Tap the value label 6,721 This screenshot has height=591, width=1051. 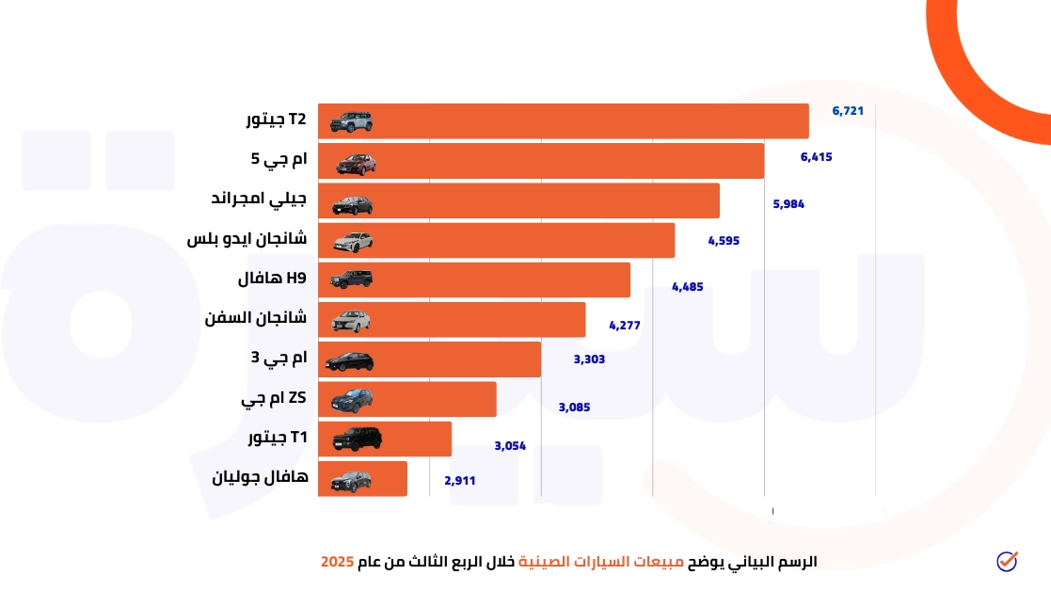(x=848, y=111)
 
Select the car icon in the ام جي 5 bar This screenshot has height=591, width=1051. (x=356, y=163)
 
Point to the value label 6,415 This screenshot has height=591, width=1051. (x=816, y=157)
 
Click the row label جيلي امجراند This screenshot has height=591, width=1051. (x=260, y=200)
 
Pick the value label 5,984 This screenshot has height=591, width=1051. (x=788, y=204)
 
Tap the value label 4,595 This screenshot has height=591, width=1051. (x=724, y=241)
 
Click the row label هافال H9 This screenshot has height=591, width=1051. (x=272, y=279)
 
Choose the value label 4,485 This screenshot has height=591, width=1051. (x=687, y=287)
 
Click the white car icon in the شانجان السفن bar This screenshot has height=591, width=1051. (x=352, y=321)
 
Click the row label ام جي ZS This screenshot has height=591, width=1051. (x=274, y=399)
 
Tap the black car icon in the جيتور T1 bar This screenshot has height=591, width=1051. (x=353, y=439)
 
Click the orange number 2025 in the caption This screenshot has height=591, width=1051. (x=337, y=562)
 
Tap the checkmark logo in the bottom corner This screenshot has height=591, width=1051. (x=1007, y=561)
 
